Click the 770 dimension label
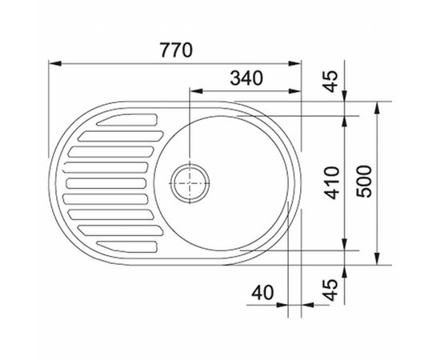(x=176, y=50)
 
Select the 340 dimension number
(x=246, y=78)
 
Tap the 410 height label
(x=332, y=182)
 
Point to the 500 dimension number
(x=364, y=182)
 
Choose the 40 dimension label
(x=262, y=292)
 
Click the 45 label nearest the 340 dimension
(x=330, y=82)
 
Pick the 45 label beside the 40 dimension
(x=330, y=290)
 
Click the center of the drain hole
(x=190, y=183)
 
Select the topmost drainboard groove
(x=127, y=120)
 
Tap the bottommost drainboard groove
(x=127, y=246)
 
